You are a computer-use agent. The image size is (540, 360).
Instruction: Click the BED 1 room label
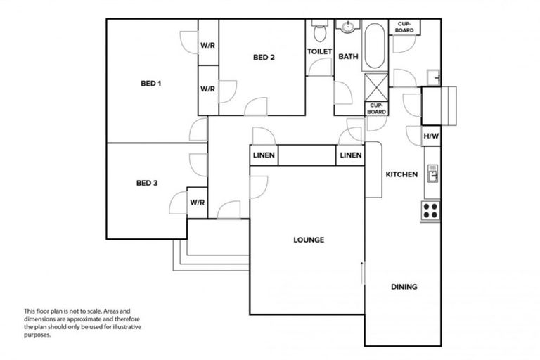[x=151, y=84]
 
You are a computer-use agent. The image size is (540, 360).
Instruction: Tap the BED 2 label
[x=264, y=58]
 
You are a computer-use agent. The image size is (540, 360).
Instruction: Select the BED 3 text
[x=146, y=184]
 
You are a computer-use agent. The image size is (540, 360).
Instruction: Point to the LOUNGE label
[x=309, y=240]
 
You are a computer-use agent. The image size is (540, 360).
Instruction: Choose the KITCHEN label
[x=401, y=174]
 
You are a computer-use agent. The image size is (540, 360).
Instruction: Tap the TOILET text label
[x=319, y=52]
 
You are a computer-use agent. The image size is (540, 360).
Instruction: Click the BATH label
[x=348, y=56]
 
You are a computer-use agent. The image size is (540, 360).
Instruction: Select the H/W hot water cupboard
[x=431, y=136]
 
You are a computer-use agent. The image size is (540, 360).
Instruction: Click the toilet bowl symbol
[x=319, y=32]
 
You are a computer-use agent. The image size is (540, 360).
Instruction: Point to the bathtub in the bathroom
[x=373, y=46]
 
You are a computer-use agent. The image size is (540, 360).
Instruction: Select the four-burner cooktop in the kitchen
[x=430, y=209]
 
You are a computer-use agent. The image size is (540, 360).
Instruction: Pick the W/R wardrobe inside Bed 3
[x=197, y=202]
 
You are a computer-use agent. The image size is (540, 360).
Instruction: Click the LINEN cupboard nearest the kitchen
[x=350, y=155]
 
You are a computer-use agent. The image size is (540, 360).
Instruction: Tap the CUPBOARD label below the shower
[x=375, y=109]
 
